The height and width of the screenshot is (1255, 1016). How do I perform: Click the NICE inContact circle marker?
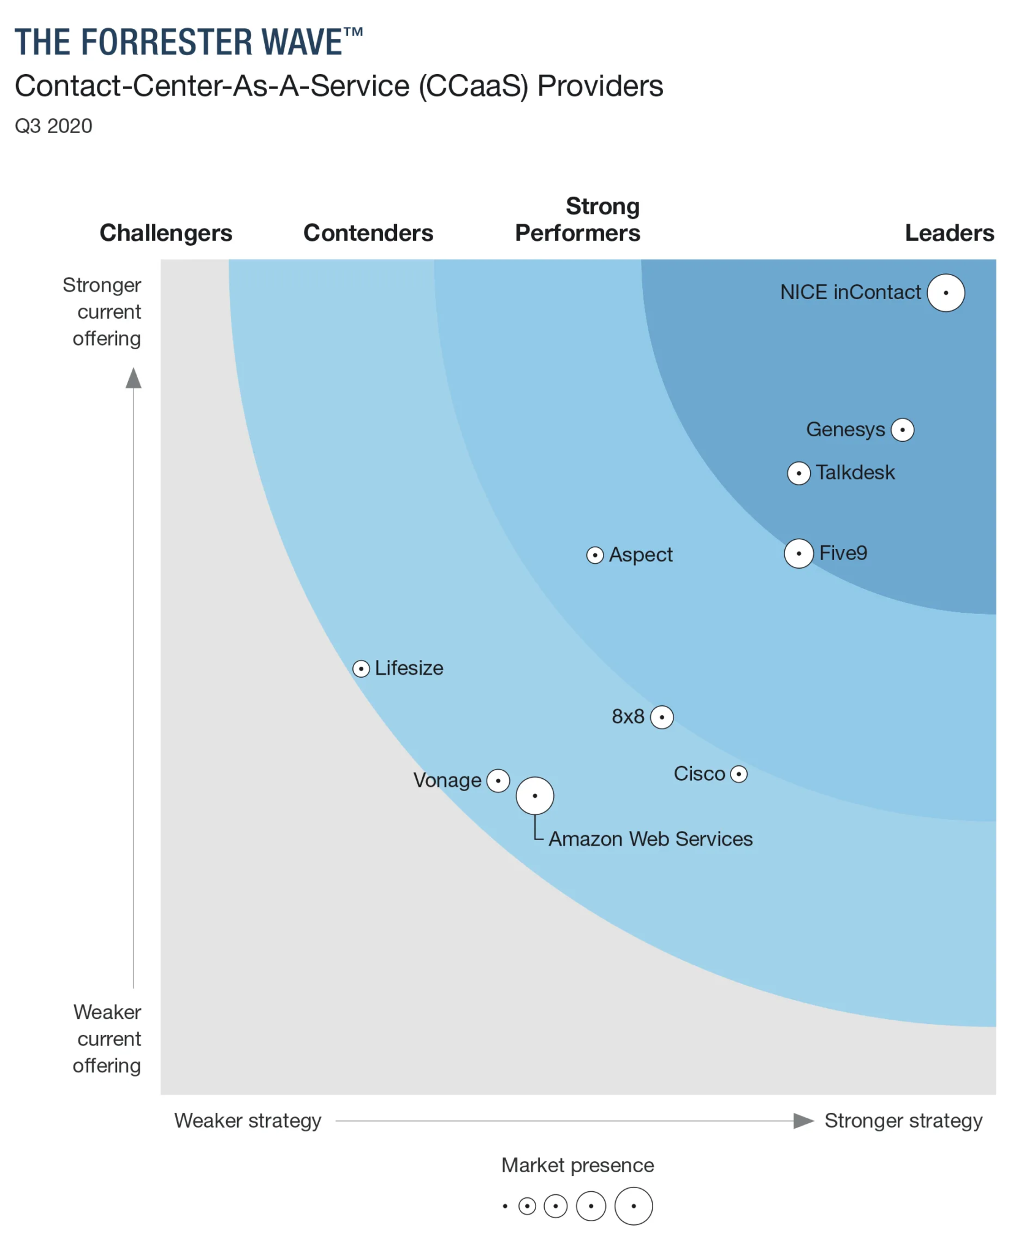945,293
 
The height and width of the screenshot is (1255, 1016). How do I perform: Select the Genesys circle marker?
901,430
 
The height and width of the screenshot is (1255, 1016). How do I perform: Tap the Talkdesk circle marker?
798,473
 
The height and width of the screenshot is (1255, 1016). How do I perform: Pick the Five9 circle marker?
798,553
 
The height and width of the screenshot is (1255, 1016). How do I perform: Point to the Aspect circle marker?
594,555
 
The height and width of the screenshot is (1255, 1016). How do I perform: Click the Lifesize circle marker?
361,669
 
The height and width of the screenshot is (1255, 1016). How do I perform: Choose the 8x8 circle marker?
661,717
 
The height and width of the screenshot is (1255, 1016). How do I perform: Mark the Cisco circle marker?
738,775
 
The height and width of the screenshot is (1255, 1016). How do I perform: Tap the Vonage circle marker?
498,781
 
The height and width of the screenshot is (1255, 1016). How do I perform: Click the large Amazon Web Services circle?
534,795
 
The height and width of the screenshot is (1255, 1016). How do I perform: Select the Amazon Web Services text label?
650,839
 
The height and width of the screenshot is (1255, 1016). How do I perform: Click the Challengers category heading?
166,233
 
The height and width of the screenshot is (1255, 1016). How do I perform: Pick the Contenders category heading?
368,233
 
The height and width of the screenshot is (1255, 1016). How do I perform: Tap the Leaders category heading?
949,233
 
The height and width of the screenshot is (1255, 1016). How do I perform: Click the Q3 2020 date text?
53,126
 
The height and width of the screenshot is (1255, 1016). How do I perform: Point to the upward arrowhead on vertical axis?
134,378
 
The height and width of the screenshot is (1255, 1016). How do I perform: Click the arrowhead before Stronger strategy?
803,1121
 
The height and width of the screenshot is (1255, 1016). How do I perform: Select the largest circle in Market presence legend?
633,1206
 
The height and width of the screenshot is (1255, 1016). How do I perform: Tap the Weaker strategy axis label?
248,1121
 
